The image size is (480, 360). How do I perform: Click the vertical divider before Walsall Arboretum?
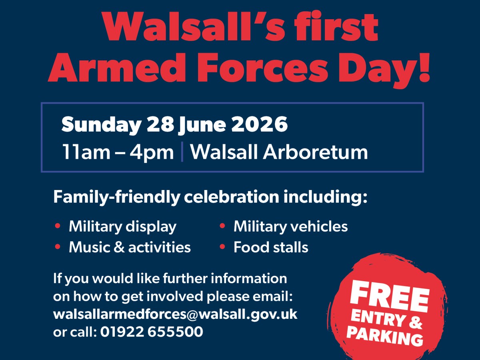tap(182, 153)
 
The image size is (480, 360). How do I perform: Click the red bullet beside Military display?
tap(58, 226)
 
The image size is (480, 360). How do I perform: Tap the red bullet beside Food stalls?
tap(222, 247)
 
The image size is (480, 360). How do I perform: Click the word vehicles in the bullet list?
tap(319, 226)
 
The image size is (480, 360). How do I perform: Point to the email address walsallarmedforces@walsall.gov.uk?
tap(175, 314)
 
